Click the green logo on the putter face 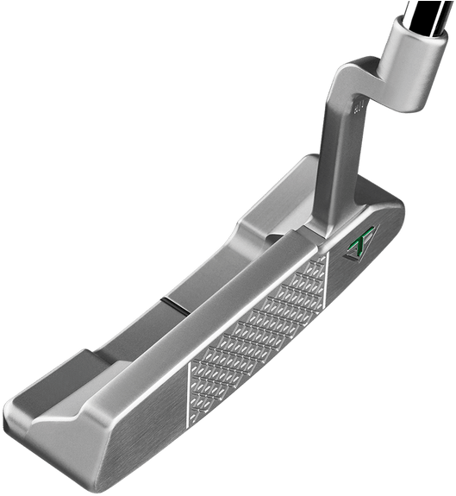(x=355, y=248)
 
